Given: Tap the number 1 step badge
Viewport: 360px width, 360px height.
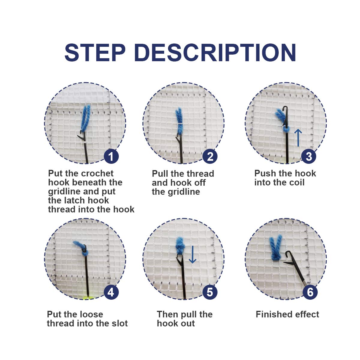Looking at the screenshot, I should [x=111, y=157].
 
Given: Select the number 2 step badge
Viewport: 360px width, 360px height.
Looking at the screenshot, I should [x=210, y=157].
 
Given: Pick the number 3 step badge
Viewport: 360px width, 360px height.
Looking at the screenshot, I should [x=309, y=157].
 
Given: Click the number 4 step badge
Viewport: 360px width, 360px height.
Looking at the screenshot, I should [x=111, y=292].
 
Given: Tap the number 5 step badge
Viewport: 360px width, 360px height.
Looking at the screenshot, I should [x=210, y=292].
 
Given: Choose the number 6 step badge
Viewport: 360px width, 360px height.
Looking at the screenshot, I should [x=310, y=292].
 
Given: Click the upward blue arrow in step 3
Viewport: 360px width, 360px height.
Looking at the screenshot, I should [x=298, y=137].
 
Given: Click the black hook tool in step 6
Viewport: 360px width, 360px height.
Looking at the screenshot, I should [x=294, y=267].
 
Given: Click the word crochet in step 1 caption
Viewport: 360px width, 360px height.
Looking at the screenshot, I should [x=97, y=173].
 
